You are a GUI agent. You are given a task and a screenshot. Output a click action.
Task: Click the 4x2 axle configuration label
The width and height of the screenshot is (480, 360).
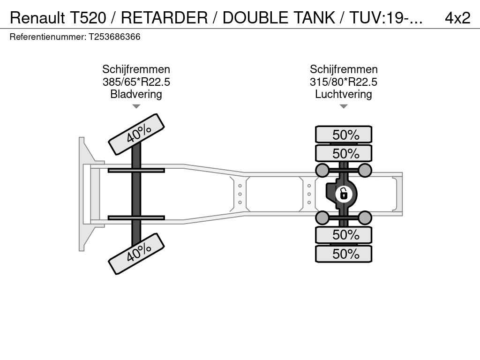(457, 18)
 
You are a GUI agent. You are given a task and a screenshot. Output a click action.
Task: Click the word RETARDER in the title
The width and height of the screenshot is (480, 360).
(165, 18)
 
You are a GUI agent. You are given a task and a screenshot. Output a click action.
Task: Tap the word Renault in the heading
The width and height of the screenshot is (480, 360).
(37, 18)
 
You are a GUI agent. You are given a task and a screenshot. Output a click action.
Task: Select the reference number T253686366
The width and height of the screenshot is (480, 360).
(114, 37)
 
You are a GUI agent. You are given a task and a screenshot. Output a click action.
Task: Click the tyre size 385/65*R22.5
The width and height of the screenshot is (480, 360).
(136, 82)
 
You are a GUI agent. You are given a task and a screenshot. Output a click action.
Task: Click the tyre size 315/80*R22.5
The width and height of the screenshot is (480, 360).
(344, 82)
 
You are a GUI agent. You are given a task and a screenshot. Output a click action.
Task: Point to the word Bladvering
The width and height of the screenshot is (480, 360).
(136, 94)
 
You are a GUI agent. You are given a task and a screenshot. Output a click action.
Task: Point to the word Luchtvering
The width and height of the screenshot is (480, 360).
(344, 94)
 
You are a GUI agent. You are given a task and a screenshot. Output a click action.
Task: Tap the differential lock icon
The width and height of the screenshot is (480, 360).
(344, 194)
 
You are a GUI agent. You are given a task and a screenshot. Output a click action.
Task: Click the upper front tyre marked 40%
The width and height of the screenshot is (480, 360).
(136, 134)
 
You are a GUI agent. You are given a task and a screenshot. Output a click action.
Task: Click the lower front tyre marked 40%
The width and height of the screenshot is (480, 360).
(136, 254)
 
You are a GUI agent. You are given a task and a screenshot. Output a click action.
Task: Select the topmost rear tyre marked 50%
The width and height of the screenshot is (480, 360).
(344, 135)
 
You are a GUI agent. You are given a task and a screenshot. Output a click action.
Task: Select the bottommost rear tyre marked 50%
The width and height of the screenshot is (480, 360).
(344, 254)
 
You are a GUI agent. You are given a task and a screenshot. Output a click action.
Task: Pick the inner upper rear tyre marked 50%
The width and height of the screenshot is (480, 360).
(344, 153)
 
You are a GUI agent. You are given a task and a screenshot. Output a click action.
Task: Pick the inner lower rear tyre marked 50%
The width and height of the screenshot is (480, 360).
(344, 235)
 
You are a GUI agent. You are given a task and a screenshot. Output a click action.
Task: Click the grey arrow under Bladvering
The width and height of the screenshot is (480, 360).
(136, 106)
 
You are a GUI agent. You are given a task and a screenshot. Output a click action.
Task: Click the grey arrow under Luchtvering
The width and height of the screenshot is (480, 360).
(344, 106)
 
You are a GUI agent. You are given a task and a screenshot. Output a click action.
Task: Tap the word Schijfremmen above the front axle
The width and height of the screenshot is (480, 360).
(136, 69)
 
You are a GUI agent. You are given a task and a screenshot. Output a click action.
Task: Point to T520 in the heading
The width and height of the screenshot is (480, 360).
(88, 18)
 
